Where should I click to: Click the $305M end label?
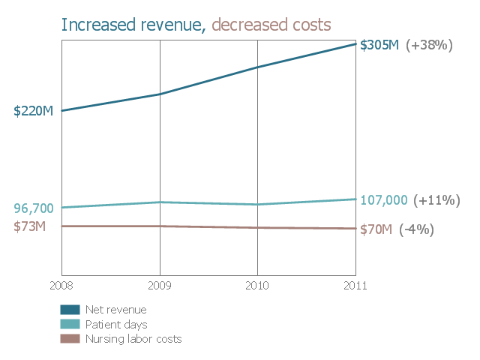(379, 45)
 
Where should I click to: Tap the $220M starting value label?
(33, 111)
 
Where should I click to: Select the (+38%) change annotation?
(429, 45)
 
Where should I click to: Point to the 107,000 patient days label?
(384, 200)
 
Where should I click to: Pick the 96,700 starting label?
(34, 208)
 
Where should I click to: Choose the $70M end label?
(376, 229)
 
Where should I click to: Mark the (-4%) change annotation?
(416, 229)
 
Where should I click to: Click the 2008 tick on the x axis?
(61, 285)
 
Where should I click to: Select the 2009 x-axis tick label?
(160, 285)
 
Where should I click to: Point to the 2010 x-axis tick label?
(257, 285)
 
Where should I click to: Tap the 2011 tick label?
(355, 285)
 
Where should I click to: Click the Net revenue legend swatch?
(70, 309)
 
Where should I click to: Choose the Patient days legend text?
(115, 324)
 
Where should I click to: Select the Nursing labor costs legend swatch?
(70, 338)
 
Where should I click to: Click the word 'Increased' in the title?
(93, 25)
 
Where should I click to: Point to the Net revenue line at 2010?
(257, 67)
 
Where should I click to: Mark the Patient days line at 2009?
(160, 202)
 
